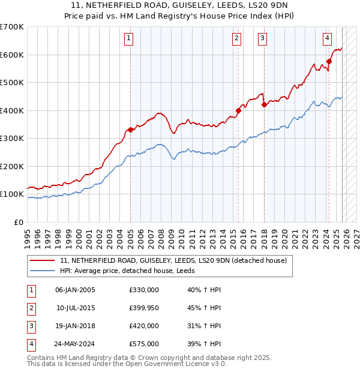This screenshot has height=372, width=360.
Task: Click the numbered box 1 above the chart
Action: pos(130,38)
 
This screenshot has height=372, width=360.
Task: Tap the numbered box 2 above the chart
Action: pos(237,38)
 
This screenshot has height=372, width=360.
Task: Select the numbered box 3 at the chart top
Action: pos(263,38)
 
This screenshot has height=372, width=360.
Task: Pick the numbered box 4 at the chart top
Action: pos(327,38)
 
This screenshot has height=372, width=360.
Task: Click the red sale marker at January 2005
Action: pos(130,130)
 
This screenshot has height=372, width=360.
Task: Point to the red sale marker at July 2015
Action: pos(238,110)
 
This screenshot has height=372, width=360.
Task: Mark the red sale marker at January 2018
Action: pos(264,105)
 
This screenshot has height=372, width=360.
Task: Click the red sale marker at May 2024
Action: pos(329,61)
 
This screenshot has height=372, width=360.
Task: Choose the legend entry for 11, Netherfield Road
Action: pos(173,260)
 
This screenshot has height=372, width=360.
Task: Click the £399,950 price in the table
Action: pos(144,308)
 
